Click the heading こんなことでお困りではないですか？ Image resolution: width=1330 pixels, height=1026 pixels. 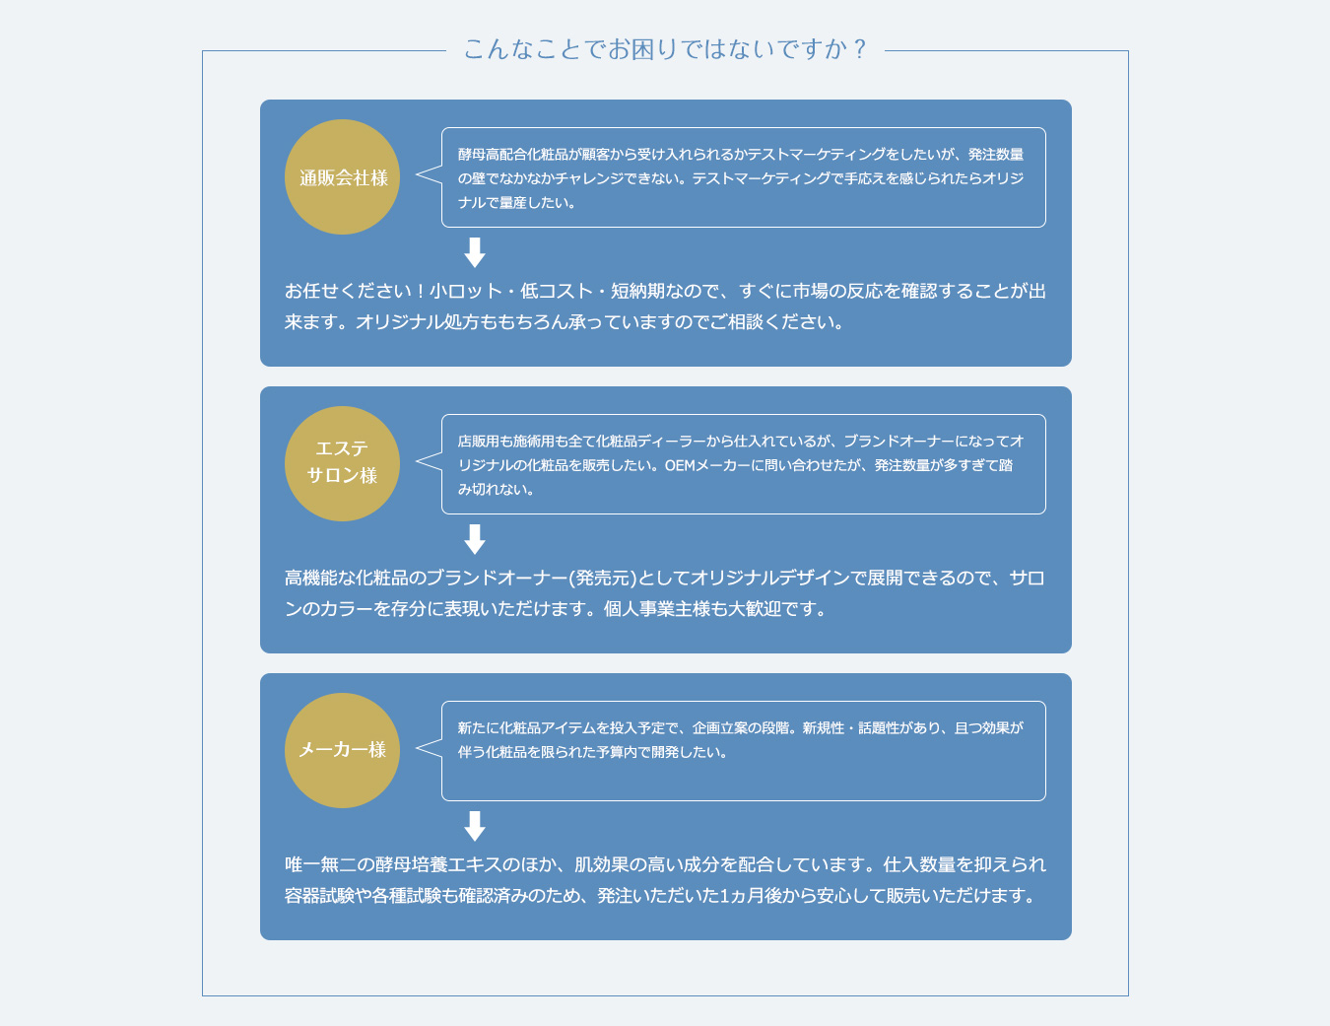665,49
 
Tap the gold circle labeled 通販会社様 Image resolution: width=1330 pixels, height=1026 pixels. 342,177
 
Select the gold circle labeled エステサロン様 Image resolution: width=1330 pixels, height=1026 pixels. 342,463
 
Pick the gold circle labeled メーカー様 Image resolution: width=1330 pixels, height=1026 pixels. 342,750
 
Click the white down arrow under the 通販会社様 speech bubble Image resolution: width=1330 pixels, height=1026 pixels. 475,252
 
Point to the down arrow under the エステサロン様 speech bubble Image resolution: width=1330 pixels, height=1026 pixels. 475,539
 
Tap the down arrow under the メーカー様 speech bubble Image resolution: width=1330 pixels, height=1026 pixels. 475,826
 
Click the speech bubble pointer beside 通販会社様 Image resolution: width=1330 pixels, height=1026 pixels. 429,174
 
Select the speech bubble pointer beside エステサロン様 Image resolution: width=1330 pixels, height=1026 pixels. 429,461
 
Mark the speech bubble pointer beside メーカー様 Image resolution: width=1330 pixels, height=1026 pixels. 429,747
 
